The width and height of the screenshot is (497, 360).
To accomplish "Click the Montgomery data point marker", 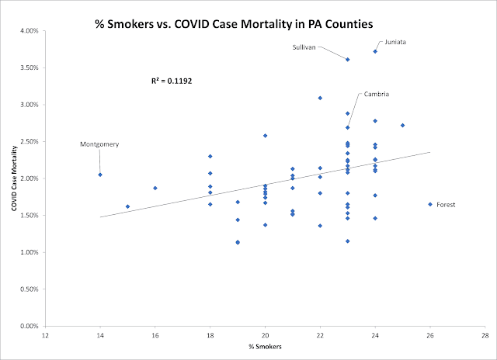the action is click(x=100, y=175).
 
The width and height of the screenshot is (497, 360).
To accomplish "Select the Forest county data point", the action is click(x=430, y=205).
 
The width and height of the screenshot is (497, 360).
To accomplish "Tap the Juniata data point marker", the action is click(x=375, y=52).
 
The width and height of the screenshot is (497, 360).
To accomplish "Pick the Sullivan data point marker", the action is click(x=348, y=60).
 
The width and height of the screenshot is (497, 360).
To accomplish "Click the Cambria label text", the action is click(x=376, y=94).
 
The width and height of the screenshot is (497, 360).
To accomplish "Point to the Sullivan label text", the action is click(x=304, y=47).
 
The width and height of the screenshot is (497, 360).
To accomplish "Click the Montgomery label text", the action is click(x=99, y=144).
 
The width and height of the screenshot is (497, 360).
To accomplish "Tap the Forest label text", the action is click(x=446, y=205).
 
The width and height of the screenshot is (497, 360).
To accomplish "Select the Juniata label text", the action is click(x=395, y=42).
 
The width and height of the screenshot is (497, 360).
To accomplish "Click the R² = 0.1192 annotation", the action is click(x=172, y=81).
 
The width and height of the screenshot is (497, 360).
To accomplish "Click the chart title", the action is click(x=234, y=24).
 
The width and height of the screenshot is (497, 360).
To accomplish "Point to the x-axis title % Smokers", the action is click(x=265, y=347).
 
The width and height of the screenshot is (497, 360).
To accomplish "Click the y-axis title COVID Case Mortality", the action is click(x=14, y=178).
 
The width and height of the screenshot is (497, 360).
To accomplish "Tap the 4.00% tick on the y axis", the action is click(x=30, y=31).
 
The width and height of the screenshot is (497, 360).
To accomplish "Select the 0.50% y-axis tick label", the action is click(x=30, y=289).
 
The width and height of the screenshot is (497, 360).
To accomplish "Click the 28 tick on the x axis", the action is click(x=485, y=335).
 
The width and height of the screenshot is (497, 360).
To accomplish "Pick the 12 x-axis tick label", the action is click(x=45, y=335).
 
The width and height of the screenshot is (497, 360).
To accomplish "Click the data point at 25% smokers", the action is click(x=402, y=126).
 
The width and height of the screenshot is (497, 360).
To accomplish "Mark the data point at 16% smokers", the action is click(x=155, y=188).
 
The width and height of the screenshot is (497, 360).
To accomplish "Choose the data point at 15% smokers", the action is click(x=127, y=206).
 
